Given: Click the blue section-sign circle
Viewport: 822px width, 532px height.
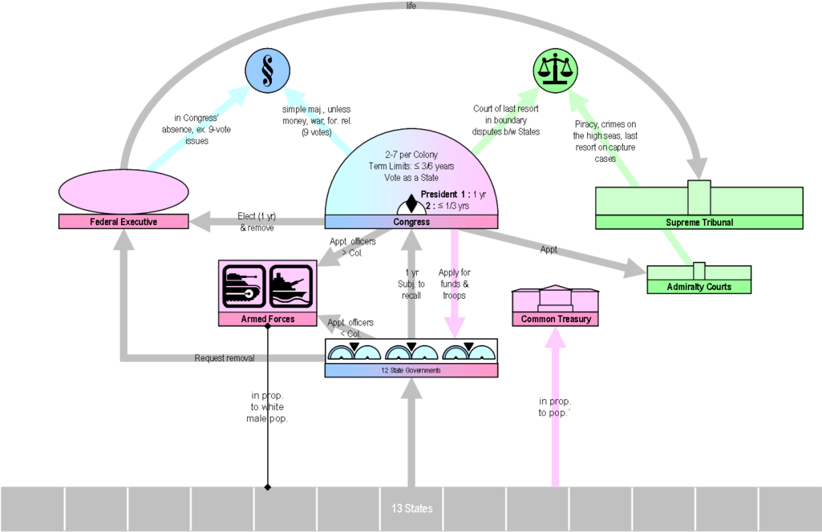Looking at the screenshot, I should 266,70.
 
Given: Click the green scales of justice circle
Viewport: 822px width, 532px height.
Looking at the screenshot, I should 556,70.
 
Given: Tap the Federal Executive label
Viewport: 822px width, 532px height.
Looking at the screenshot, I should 124,222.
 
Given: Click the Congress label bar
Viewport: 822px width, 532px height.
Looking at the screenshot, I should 411,222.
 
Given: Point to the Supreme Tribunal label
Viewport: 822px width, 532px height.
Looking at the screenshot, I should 699,222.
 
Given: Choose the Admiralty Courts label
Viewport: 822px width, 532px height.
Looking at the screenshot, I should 698,287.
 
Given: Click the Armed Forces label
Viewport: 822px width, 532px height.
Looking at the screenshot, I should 268,319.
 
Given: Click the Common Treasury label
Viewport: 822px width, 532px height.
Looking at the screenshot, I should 556,319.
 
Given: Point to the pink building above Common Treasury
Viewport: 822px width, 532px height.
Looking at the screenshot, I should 556,299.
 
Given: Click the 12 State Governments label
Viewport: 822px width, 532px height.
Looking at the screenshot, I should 411,370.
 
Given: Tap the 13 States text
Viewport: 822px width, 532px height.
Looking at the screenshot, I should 411,509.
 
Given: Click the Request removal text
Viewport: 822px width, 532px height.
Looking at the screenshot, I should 225,358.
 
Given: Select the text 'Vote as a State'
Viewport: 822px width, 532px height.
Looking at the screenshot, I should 411,177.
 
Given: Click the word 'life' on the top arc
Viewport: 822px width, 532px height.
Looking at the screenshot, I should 411,5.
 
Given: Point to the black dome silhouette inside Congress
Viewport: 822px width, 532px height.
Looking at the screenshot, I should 411,205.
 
